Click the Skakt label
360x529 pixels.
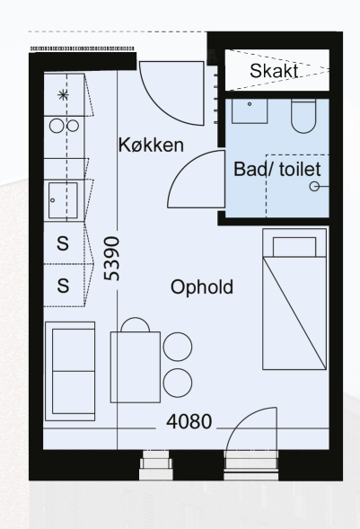pyautogui.click(x=274, y=71)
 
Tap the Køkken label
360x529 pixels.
pyautogui.click(x=151, y=145)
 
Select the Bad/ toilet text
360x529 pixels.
pyautogui.click(x=277, y=169)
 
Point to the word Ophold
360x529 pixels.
pyautogui.click(x=202, y=287)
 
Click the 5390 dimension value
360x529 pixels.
pyautogui.click(x=112, y=259)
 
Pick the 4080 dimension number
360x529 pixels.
pyautogui.click(x=189, y=421)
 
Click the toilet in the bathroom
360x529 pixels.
pyautogui.click(x=303, y=116)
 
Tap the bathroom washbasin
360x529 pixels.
pyautogui.click(x=250, y=111)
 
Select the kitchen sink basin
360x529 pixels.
pyautogui.click(x=63, y=200)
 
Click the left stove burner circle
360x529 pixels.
pyautogui.click(x=57, y=126)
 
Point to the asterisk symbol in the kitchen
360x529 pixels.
pyautogui.click(x=63, y=95)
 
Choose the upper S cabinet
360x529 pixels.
pyautogui.click(x=64, y=242)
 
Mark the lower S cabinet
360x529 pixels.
pyautogui.click(x=64, y=286)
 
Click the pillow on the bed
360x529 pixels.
pyautogui.click(x=294, y=247)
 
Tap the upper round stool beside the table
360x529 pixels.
pyautogui.click(x=178, y=347)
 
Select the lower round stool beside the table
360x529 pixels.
pyautogui.click(x=178, y=383)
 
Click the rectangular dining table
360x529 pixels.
pyautogui.click(x=136, y=367)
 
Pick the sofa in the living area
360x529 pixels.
pyautogui.click(x=70, y=371)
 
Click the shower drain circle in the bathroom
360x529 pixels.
pyautogui.click(x=314, y=186)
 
